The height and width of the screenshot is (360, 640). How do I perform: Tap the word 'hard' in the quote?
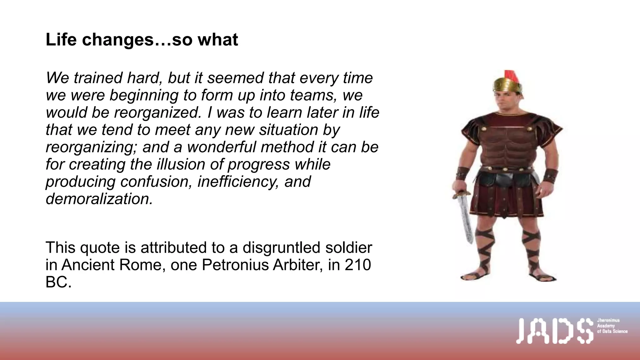click(144, 78)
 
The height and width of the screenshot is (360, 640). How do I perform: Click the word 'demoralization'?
click(99, 199)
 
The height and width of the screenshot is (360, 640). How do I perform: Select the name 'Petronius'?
click(235, 265)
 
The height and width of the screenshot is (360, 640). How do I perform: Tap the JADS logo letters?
click(555, 331)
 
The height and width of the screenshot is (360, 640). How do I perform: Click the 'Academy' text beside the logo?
click(606, 326)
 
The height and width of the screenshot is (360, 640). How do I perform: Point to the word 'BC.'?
click(58, 282)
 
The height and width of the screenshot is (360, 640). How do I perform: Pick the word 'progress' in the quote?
click(258, 164)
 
